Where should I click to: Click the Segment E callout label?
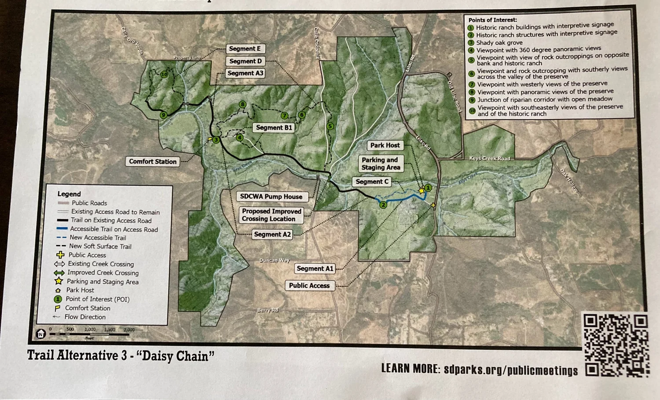245,49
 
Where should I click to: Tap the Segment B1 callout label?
274,128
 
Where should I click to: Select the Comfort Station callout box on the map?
153,162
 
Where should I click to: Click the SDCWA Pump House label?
271,196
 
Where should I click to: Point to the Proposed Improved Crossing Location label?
271,215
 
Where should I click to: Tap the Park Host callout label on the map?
385,145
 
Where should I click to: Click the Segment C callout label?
372,181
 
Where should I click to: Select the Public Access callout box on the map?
309,285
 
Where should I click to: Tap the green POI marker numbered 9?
163,115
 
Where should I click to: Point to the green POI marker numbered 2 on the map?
383,205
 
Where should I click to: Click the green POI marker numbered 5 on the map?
330,126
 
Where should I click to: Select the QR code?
616,345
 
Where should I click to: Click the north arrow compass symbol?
40,334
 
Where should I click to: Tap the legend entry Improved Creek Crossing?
103,273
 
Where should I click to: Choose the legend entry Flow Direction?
85,317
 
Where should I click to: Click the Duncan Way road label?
275,260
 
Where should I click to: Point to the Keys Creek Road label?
489,158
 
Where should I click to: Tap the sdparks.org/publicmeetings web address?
510,370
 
